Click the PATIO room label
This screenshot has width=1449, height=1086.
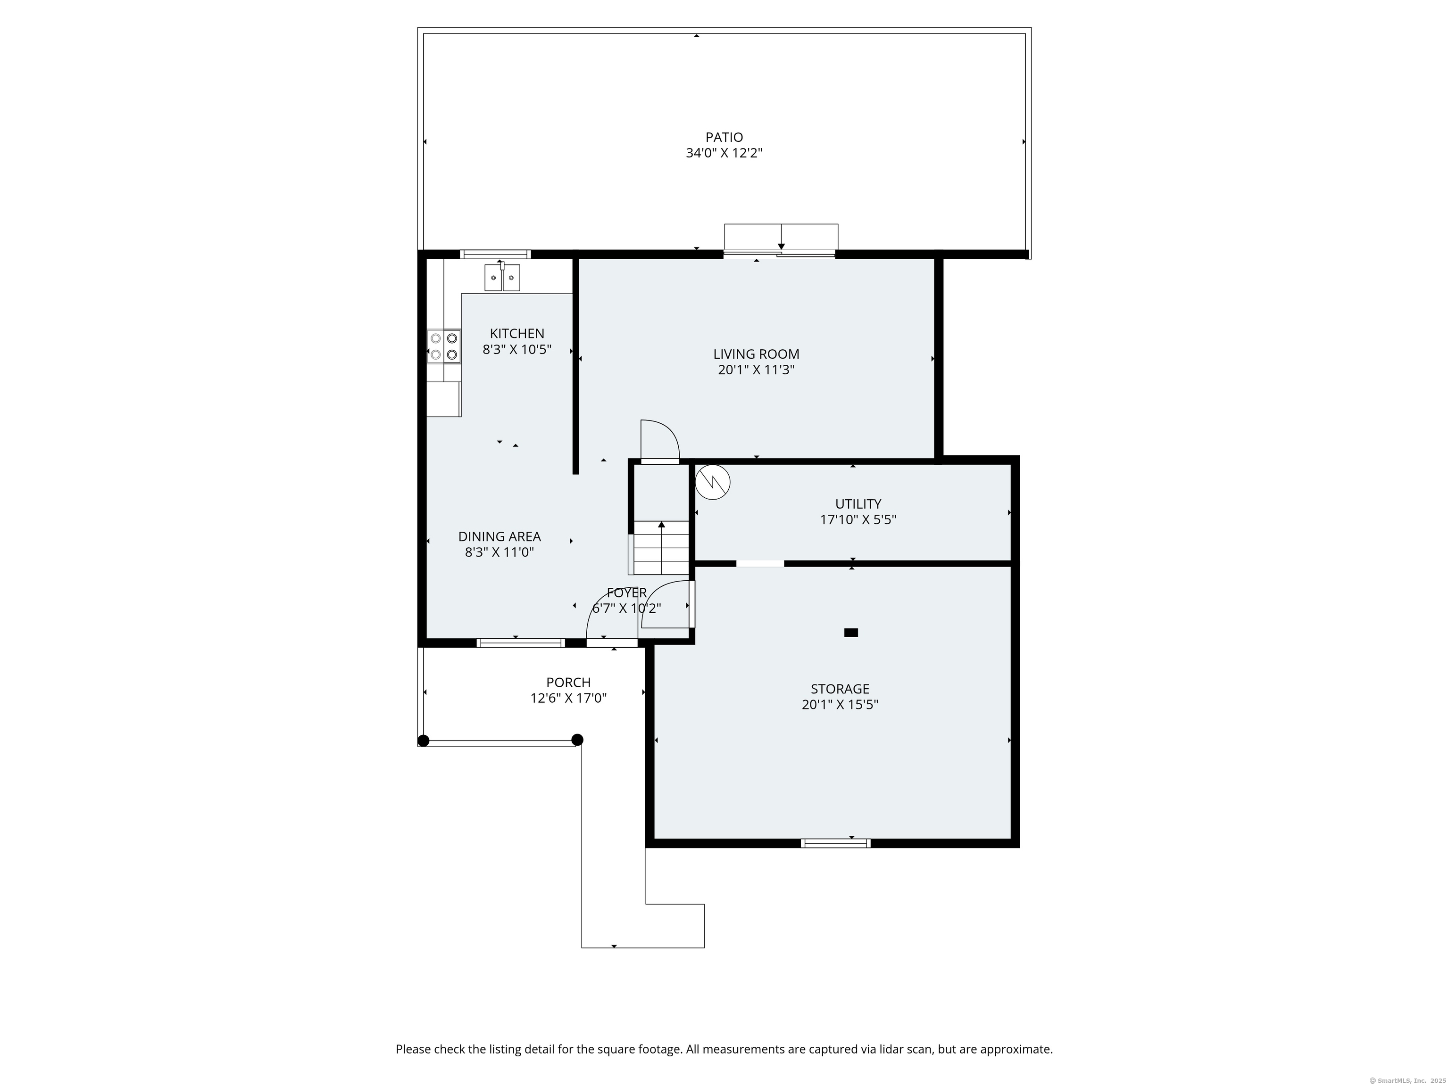724,138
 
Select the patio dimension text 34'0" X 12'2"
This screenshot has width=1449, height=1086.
724,153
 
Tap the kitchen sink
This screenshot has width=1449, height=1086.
502,277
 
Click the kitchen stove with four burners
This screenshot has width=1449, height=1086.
443,347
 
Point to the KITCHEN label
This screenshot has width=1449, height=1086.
517,334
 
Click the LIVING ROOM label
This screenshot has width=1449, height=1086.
756,354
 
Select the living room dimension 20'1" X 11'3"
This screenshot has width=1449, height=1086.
756,370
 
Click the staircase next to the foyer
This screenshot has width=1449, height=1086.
660,547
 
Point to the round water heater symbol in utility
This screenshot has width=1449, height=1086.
712,483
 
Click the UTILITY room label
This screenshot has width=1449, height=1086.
858,504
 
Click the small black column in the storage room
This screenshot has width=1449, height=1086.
851,633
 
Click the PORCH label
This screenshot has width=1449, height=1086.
568,682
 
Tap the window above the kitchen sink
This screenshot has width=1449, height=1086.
495,254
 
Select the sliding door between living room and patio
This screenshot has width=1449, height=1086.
780,254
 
